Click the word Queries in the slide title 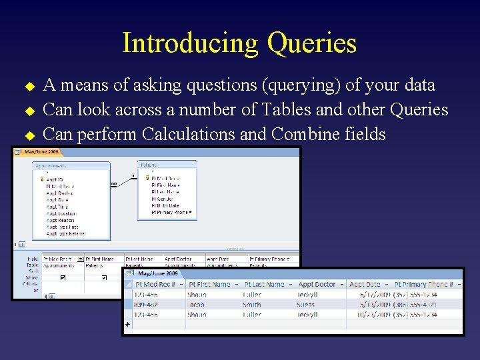pyautogui.click(x=311, y=43)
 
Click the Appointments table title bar pyautogui.click(x=71, y=165)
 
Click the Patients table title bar pyautogui.click(x=167, y=164)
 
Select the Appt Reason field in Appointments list pyautogui.click(x=61, y=221)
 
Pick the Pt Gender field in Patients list pyautogui.click(x=162, y=199)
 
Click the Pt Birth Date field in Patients pyautogui.click(x=166, y=206)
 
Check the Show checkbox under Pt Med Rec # pyautogui.click(x=63, y=277)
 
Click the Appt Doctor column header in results pyautogui.click(x=317, y=285)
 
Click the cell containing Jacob pyautogui.click(x=197, y=304)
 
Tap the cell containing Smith pyautogui.click(x=252, y=304)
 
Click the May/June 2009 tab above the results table pyautogui.click(x=158, y=273)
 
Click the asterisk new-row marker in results pyautogui.click(x=128, y=325)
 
